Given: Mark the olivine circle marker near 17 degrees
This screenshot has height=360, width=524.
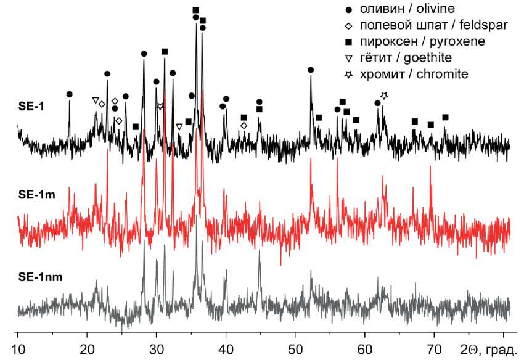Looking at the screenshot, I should (70, 94).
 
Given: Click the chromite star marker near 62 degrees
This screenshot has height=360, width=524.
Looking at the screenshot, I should (384, 96).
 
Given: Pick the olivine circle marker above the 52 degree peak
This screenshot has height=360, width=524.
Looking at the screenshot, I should (311, 70).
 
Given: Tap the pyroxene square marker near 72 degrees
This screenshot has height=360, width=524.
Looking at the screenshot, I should (445, 117).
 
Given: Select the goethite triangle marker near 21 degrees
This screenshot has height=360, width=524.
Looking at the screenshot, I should (95, 100).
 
